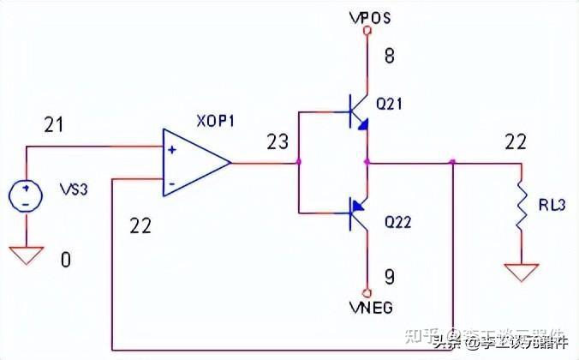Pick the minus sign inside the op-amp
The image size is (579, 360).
pyautogui.click(x=173, y=182)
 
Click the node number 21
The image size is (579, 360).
pyautogui.click(x=53, y=126)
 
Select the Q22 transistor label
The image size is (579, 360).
pyautogui.click(x=399, y=222)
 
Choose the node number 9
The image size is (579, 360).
pyautogui.click(x=389, y=278)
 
